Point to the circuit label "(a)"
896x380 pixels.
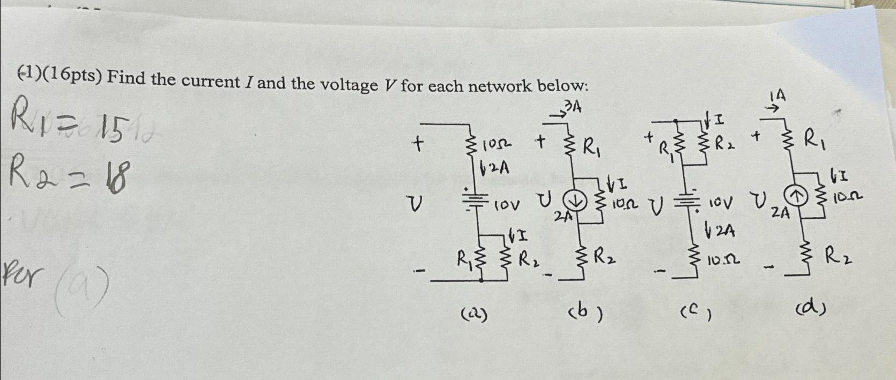click(x=473, y=315)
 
